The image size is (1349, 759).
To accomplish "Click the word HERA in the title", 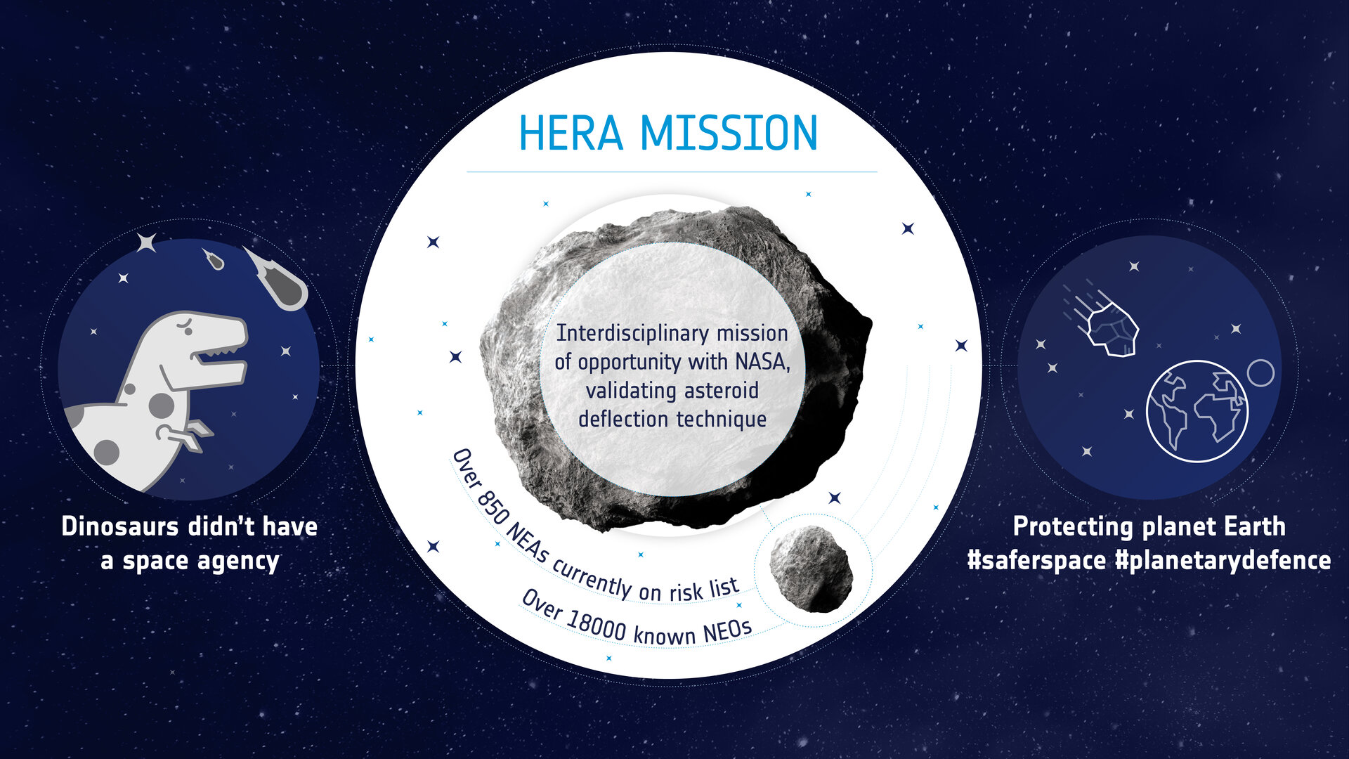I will coord(571,133).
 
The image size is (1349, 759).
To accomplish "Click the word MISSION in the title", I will coord(729,133).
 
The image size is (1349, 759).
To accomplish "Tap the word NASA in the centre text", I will coord(762,361).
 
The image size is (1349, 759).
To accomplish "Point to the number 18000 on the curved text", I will coord(597,624).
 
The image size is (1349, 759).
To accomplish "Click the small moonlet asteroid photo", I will coord(812,568).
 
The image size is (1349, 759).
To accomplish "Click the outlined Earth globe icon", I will coord(1197,411).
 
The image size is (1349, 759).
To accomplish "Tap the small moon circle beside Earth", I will coord(1260,372).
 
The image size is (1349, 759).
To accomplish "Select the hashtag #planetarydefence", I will coord(1223,560).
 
